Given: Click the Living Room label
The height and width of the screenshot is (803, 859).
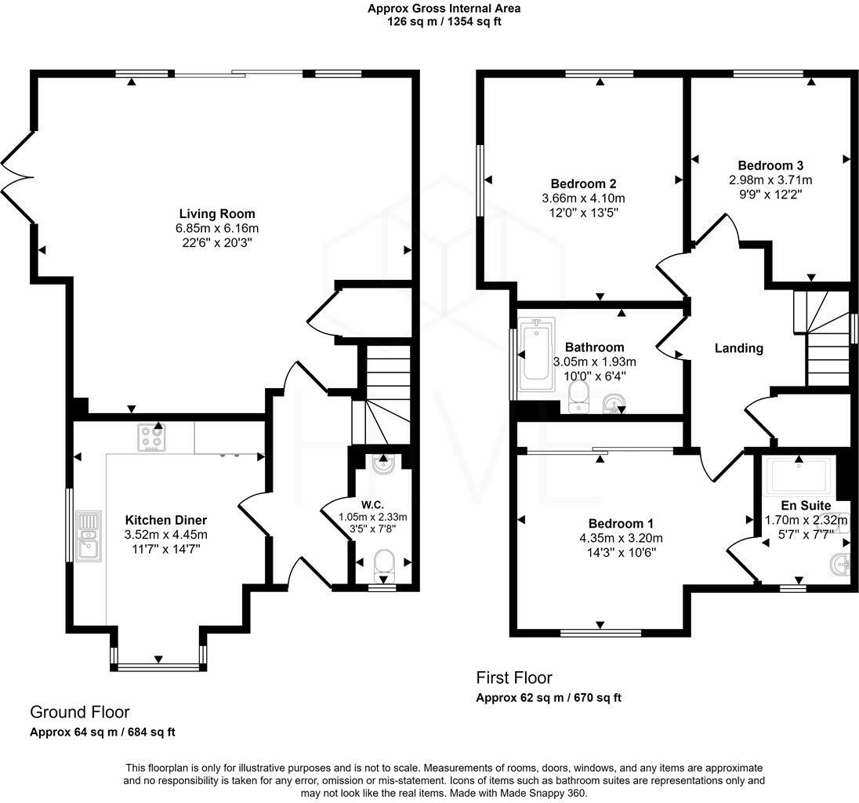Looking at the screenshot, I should (x=217, y=213).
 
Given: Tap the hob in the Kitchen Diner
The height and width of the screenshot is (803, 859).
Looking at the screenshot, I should (x=151, y=438).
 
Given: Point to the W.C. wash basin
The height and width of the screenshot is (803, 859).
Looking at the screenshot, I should (x=382, y=463).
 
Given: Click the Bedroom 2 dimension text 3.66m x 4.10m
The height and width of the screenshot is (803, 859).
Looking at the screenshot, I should (x=584, y=198).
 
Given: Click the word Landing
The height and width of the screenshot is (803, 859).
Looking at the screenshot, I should (x=738, y=348).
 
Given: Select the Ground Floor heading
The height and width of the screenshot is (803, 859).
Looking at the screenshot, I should (x=79, y=712).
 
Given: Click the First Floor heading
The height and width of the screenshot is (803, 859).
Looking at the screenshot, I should (x=514, y=678).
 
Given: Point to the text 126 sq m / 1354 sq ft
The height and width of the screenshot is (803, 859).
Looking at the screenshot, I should (x=444, y=21).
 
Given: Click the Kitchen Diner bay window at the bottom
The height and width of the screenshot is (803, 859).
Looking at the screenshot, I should (x=159, y=667).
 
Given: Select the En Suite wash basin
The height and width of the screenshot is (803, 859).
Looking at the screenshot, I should (x=839, y=562).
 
